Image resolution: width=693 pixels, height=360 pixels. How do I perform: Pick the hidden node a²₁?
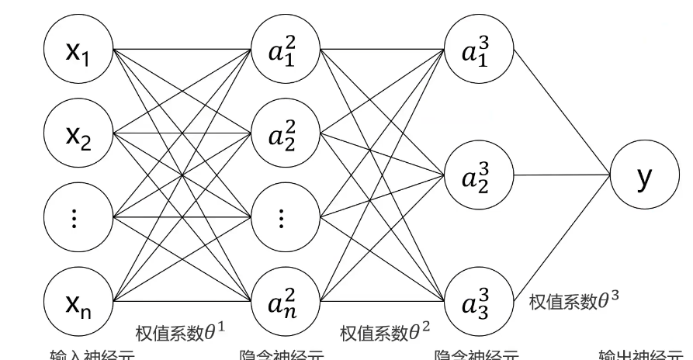click(x=282, y=50)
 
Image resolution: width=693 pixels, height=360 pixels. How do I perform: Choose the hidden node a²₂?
click(x=282, y=133)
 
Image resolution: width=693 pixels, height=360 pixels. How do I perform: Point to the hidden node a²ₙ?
click(x=282, y=299)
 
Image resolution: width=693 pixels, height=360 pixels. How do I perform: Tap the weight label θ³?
click(x=574, y=301)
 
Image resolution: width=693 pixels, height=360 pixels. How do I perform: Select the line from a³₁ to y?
click(x=559, y=109)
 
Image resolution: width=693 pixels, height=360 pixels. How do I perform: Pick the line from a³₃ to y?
click(x=559, y=241)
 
